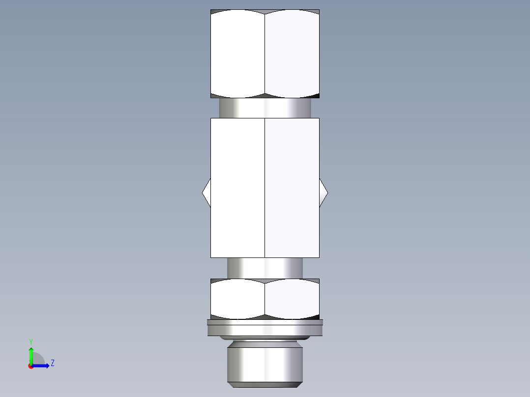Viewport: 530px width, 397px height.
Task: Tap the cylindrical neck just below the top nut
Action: (265, 108)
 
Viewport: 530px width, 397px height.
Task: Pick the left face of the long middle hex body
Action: (237, 188)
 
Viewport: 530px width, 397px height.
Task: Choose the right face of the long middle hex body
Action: (292, 188)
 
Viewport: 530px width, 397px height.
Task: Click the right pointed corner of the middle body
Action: (324, 193)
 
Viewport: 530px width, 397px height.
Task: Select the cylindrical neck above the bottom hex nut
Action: (265, 268)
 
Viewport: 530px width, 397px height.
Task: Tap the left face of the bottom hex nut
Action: (237, 299)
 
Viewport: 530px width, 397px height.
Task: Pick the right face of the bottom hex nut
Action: (292, 299)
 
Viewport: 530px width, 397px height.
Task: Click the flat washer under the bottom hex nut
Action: (265, 328)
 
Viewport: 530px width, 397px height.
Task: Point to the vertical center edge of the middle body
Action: (265, 188)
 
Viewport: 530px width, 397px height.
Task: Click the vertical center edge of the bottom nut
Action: (265, 299)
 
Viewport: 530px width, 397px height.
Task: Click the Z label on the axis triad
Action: (52, 363)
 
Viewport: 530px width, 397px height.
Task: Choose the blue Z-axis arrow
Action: (42, 366)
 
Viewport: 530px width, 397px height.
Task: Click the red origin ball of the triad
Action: (31, 366)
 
